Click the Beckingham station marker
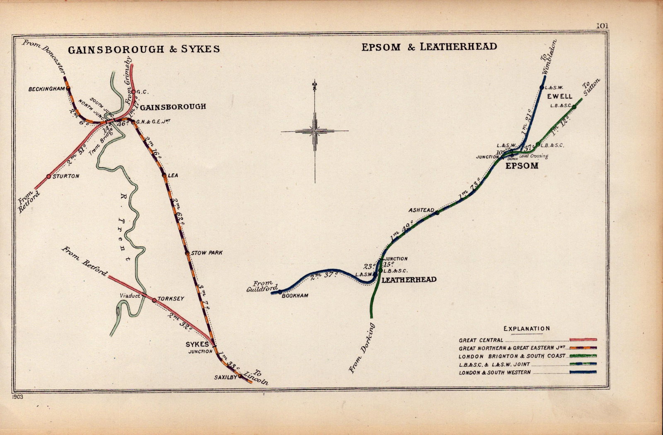(x=68, y=88)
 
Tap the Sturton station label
(x=66, y=176)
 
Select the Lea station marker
(x=164, y=175)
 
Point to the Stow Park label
(x=207, y=253)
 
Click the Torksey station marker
(x=154, y=300)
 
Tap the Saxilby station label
(x=225, y=377)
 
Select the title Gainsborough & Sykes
(x=143, y=49)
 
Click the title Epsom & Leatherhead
(x=429, y=46)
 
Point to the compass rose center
(x=315, y=131)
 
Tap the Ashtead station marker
(x=437, y=213)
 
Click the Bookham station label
(x=295, y=296)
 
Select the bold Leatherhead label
(x=409, y=280)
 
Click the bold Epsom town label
(x=522, y=166)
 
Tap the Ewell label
(x=559, y=96)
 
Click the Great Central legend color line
(x=583, y=340)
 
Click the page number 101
(x=602, y=26)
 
